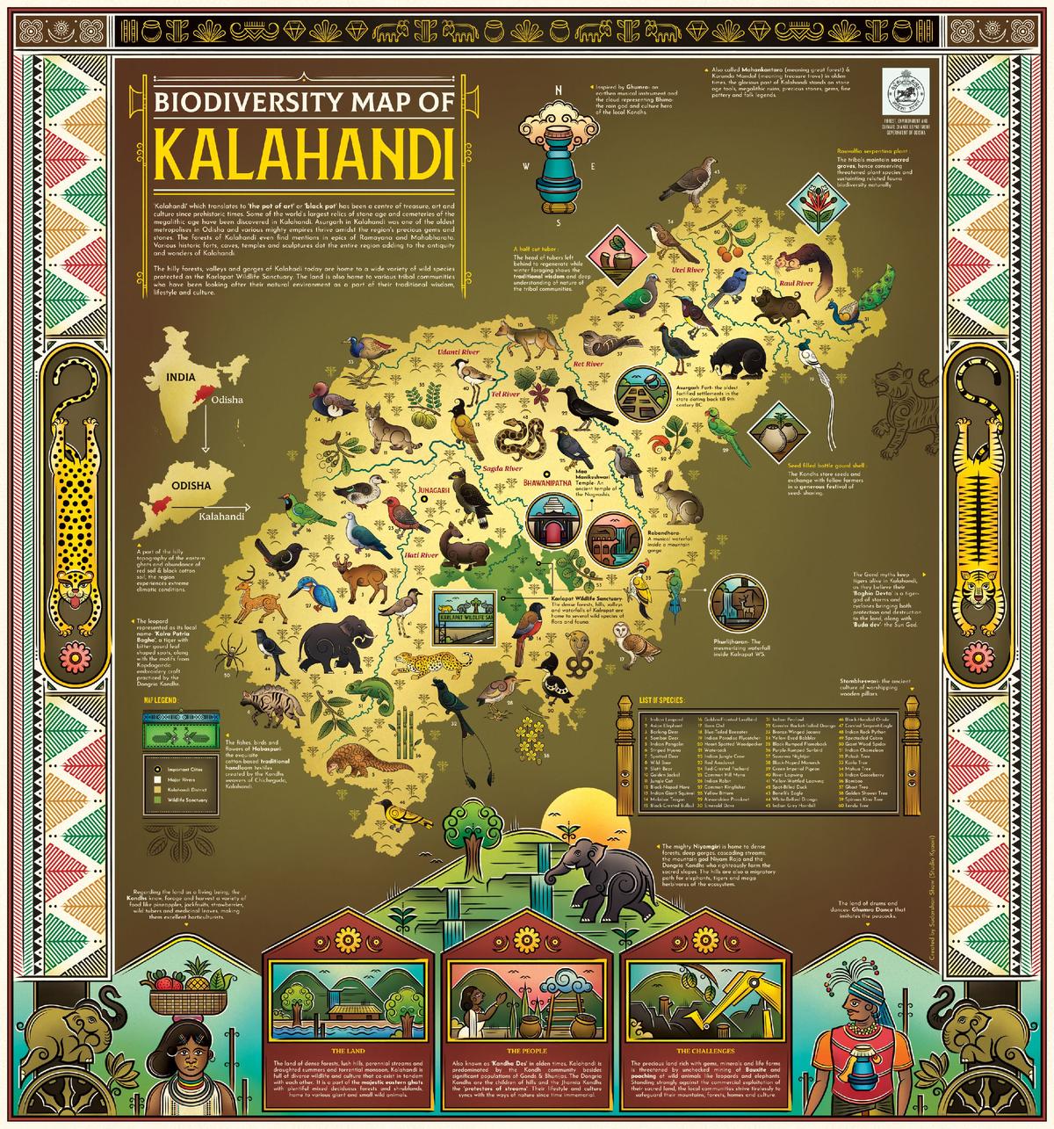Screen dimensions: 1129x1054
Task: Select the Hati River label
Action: click(x=422, y=556)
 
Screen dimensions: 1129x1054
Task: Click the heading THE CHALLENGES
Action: click(x=697, y=1050)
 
